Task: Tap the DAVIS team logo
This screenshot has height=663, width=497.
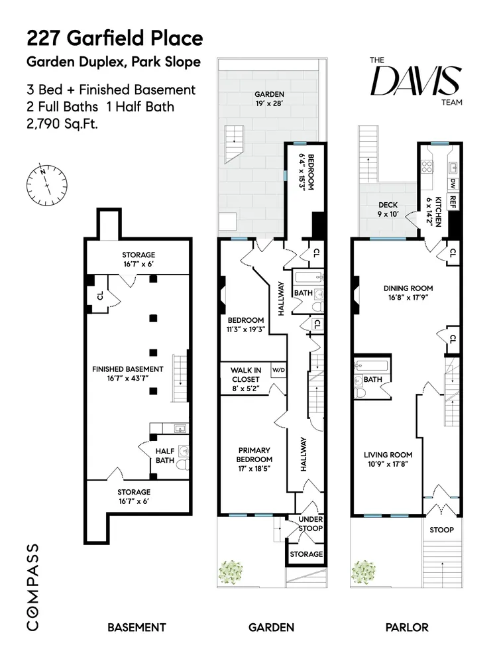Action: click(x=416, y=81)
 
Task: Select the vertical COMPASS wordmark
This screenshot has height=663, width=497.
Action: click(x=33, y=587)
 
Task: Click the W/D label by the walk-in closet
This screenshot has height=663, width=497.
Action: click(x=278, y=370)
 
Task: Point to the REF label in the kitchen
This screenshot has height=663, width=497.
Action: click(x=453, y=202)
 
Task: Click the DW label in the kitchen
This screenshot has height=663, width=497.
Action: click(x=453, y=184)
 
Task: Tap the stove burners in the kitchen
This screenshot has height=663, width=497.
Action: click(x=426, y=166)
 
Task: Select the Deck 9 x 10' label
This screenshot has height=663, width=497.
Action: click(x=388, y=210)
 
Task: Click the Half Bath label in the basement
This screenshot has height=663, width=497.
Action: click(x=165, y=455)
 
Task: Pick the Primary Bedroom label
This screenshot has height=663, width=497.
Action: click(x=254, y=459)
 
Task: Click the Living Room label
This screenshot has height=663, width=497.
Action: click(x=388, y=459)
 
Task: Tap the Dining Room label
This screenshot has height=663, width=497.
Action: click(x=408, y=292)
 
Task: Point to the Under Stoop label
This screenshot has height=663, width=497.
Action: click(x=311, y=524)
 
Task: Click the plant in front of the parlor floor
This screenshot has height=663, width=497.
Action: click(x=364, y=572)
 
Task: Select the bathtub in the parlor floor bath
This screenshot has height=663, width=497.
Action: click(x=372, y=365)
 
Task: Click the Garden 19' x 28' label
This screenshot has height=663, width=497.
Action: click(x=269, y=98)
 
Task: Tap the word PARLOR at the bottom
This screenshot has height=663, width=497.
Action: click(x=407, y=627)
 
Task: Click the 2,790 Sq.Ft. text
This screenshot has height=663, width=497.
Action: click(x=62, y=124)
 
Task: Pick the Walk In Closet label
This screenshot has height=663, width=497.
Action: click(x=246, y=379)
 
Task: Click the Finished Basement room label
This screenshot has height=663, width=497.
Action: click(x=128, y=374)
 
